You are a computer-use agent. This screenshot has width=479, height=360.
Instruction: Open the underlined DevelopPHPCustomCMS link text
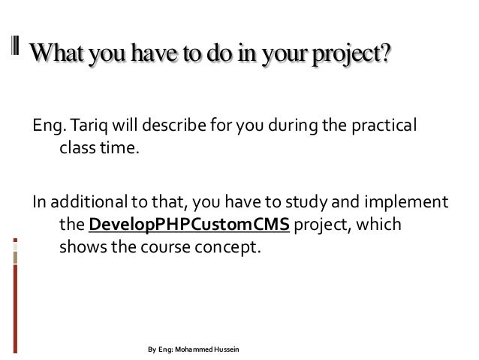188,225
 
